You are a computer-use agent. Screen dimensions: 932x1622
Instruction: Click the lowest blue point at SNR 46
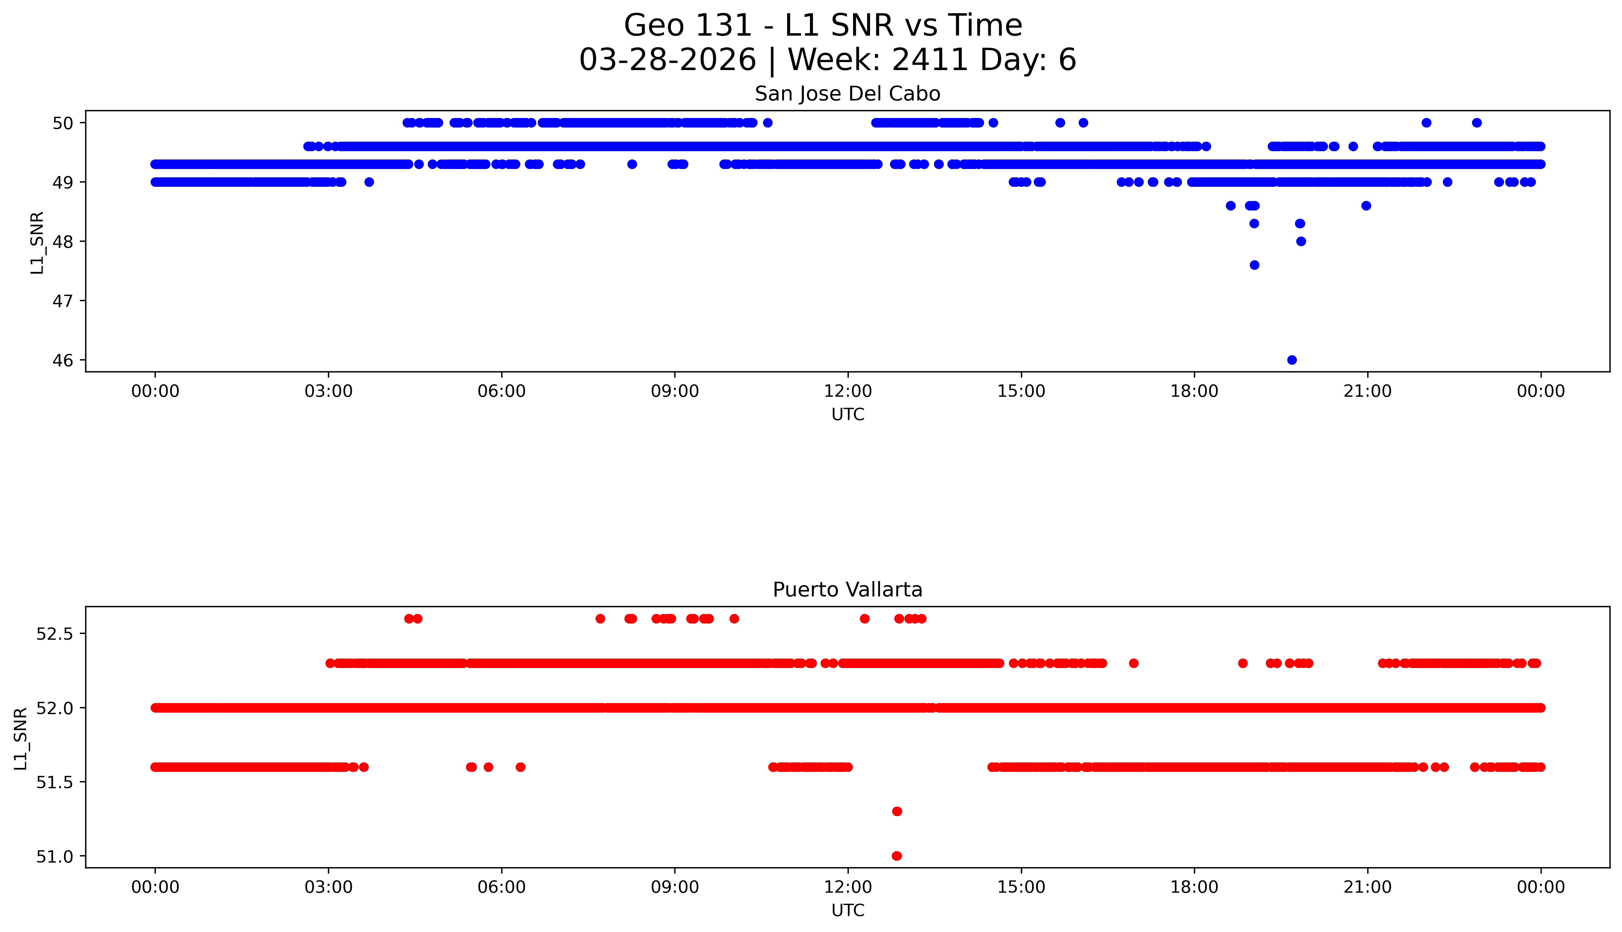coord(1292,360)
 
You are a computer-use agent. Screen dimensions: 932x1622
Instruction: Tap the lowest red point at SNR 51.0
coord(897,856)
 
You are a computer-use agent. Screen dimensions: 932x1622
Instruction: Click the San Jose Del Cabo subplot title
coord(848,94)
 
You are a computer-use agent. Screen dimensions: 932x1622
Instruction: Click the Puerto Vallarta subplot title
coord(848,590)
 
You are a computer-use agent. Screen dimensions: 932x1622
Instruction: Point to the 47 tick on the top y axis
coord(63,301)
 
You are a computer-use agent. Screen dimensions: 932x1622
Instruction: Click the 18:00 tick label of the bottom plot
coord(1195,887)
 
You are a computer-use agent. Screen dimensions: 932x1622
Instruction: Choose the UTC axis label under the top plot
coord(848,415)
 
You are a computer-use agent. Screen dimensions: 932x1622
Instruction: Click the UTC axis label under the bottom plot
coord(848,910)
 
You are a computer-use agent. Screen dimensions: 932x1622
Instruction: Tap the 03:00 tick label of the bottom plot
coord(329,887)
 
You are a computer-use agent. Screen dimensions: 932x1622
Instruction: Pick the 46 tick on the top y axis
coord(63,360)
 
